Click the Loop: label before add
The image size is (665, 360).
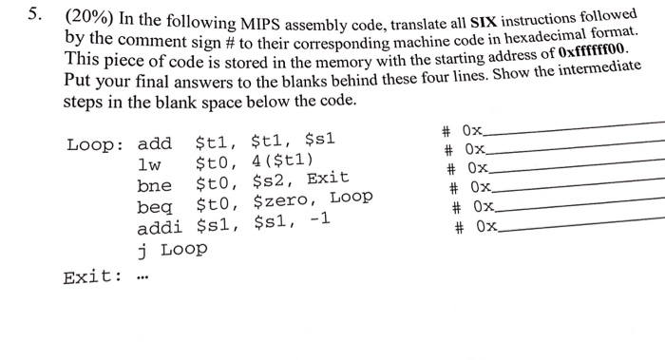point(96,144)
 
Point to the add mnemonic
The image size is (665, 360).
point(154,144)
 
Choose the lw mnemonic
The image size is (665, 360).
point(149,162)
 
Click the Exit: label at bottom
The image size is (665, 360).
point(91,277)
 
